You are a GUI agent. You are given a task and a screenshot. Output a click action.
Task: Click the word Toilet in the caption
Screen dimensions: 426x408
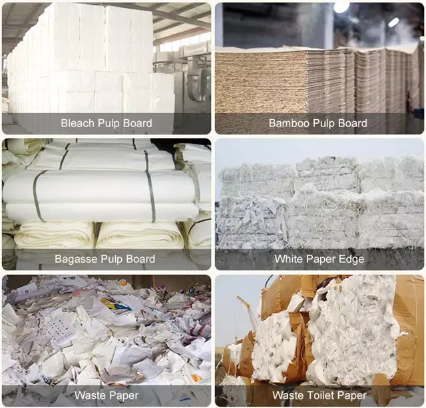[320, 395]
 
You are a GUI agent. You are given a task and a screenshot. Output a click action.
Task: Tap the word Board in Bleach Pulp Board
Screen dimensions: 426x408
[138, 123]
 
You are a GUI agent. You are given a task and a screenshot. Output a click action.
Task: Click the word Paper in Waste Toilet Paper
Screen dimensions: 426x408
[351, 396]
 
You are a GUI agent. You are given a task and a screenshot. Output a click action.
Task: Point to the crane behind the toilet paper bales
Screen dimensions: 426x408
[247, 312]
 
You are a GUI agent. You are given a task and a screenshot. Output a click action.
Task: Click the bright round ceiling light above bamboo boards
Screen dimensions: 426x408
[341, 7]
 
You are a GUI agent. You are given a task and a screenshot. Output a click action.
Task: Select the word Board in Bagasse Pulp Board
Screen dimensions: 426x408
[140, 259]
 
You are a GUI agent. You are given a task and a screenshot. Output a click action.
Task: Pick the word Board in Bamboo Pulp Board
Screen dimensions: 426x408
[353, 123]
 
